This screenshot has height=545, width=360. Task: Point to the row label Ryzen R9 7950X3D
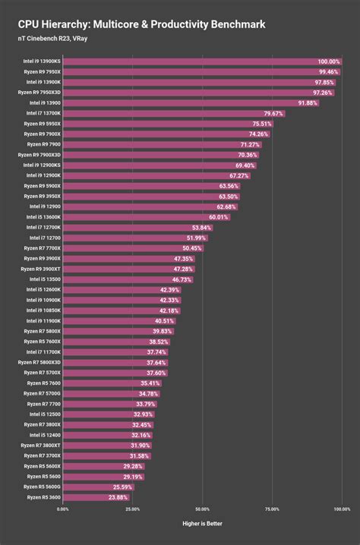click(x=38, y=92)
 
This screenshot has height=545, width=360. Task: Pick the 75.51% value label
click(x=262, y=124)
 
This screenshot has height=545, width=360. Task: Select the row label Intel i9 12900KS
click(x=41, y=165)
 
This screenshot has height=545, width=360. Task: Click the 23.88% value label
click(x=118, y=497)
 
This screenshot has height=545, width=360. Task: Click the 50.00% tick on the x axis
click(x=202, y=509)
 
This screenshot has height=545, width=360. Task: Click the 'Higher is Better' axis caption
click(x=202, y=524)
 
